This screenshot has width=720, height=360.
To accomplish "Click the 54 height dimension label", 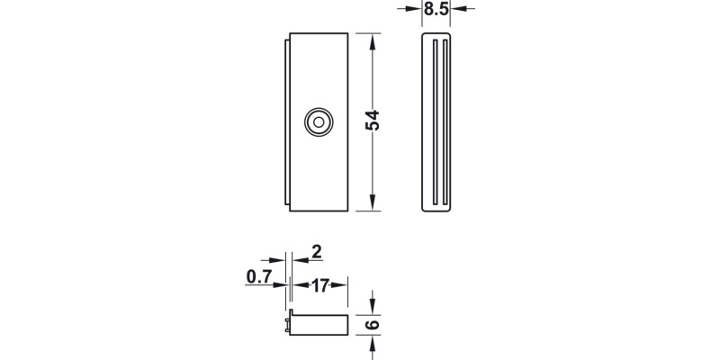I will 373,121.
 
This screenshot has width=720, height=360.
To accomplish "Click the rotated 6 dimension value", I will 373,324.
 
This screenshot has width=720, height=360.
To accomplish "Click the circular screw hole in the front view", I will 317,121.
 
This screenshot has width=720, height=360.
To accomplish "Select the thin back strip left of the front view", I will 287,121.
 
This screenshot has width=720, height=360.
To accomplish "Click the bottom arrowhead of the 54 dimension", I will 373,204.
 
